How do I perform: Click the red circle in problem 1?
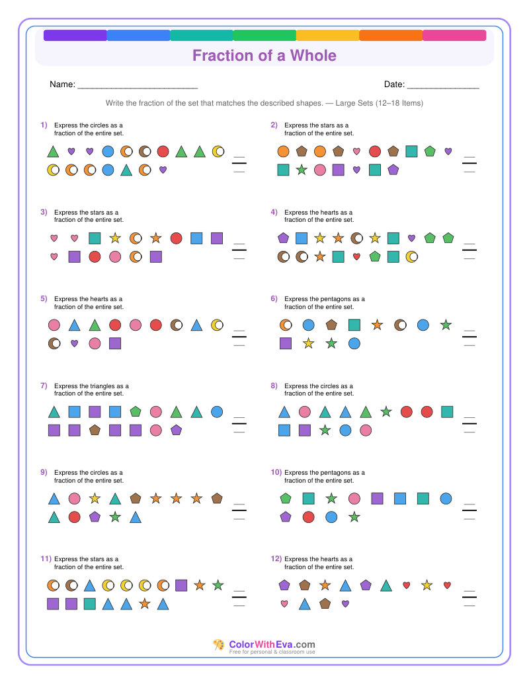tap(163, 151)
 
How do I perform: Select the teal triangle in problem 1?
tap(126, 170)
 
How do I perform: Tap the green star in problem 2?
tap(302, 170)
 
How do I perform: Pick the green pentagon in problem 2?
tap(430, 151)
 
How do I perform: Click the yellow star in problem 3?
tap(115, 238)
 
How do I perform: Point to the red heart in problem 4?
tap(356, 257)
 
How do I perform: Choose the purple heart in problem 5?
tap(74, 344)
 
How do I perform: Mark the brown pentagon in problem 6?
tap(331, 325)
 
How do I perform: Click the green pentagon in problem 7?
tap(136, 411)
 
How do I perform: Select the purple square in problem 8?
tap(304, 430)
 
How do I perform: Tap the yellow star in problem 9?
tap(95, 498)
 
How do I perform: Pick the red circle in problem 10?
tap(308, 518)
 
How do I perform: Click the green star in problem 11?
tap(218, 585)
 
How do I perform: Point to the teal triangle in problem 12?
tap(386, 586)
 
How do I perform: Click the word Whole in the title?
tap(313, 55)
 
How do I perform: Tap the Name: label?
tap(62, 85)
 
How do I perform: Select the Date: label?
tap(395, 85)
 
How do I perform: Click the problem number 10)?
tap(276, 472)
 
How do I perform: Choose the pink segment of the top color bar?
tap(454, 36)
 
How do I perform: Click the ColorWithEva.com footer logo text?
tap(272, 644)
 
